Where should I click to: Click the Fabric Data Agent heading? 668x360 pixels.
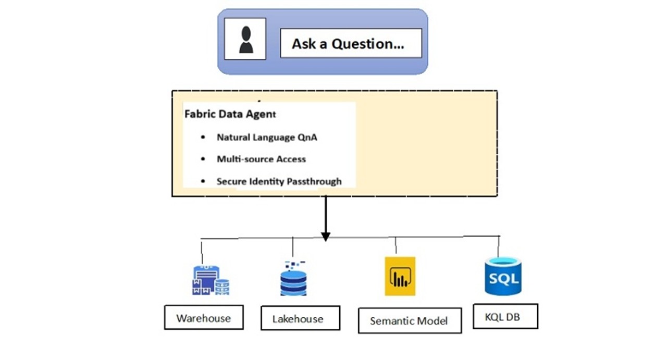click(230, 114)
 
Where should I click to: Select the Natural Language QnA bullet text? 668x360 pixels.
click(267, 138)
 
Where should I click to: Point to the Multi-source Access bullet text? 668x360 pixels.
click(261, 159)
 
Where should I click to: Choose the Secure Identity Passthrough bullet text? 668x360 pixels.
click(279, 181)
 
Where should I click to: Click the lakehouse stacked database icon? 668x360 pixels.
click(293, 279)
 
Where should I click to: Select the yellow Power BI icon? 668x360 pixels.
click(400, 276)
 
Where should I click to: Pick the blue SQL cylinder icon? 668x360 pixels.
click(502, 276)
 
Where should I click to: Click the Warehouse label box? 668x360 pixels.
click(203, 318)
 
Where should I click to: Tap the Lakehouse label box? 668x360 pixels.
click(300, 318)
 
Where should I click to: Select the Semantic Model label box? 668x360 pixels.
click(409, 320)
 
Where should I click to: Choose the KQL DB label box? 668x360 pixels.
click(504, 316)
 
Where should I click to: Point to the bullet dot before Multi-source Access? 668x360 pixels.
click(203, 159)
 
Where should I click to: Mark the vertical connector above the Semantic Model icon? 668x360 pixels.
click(396, 245)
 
